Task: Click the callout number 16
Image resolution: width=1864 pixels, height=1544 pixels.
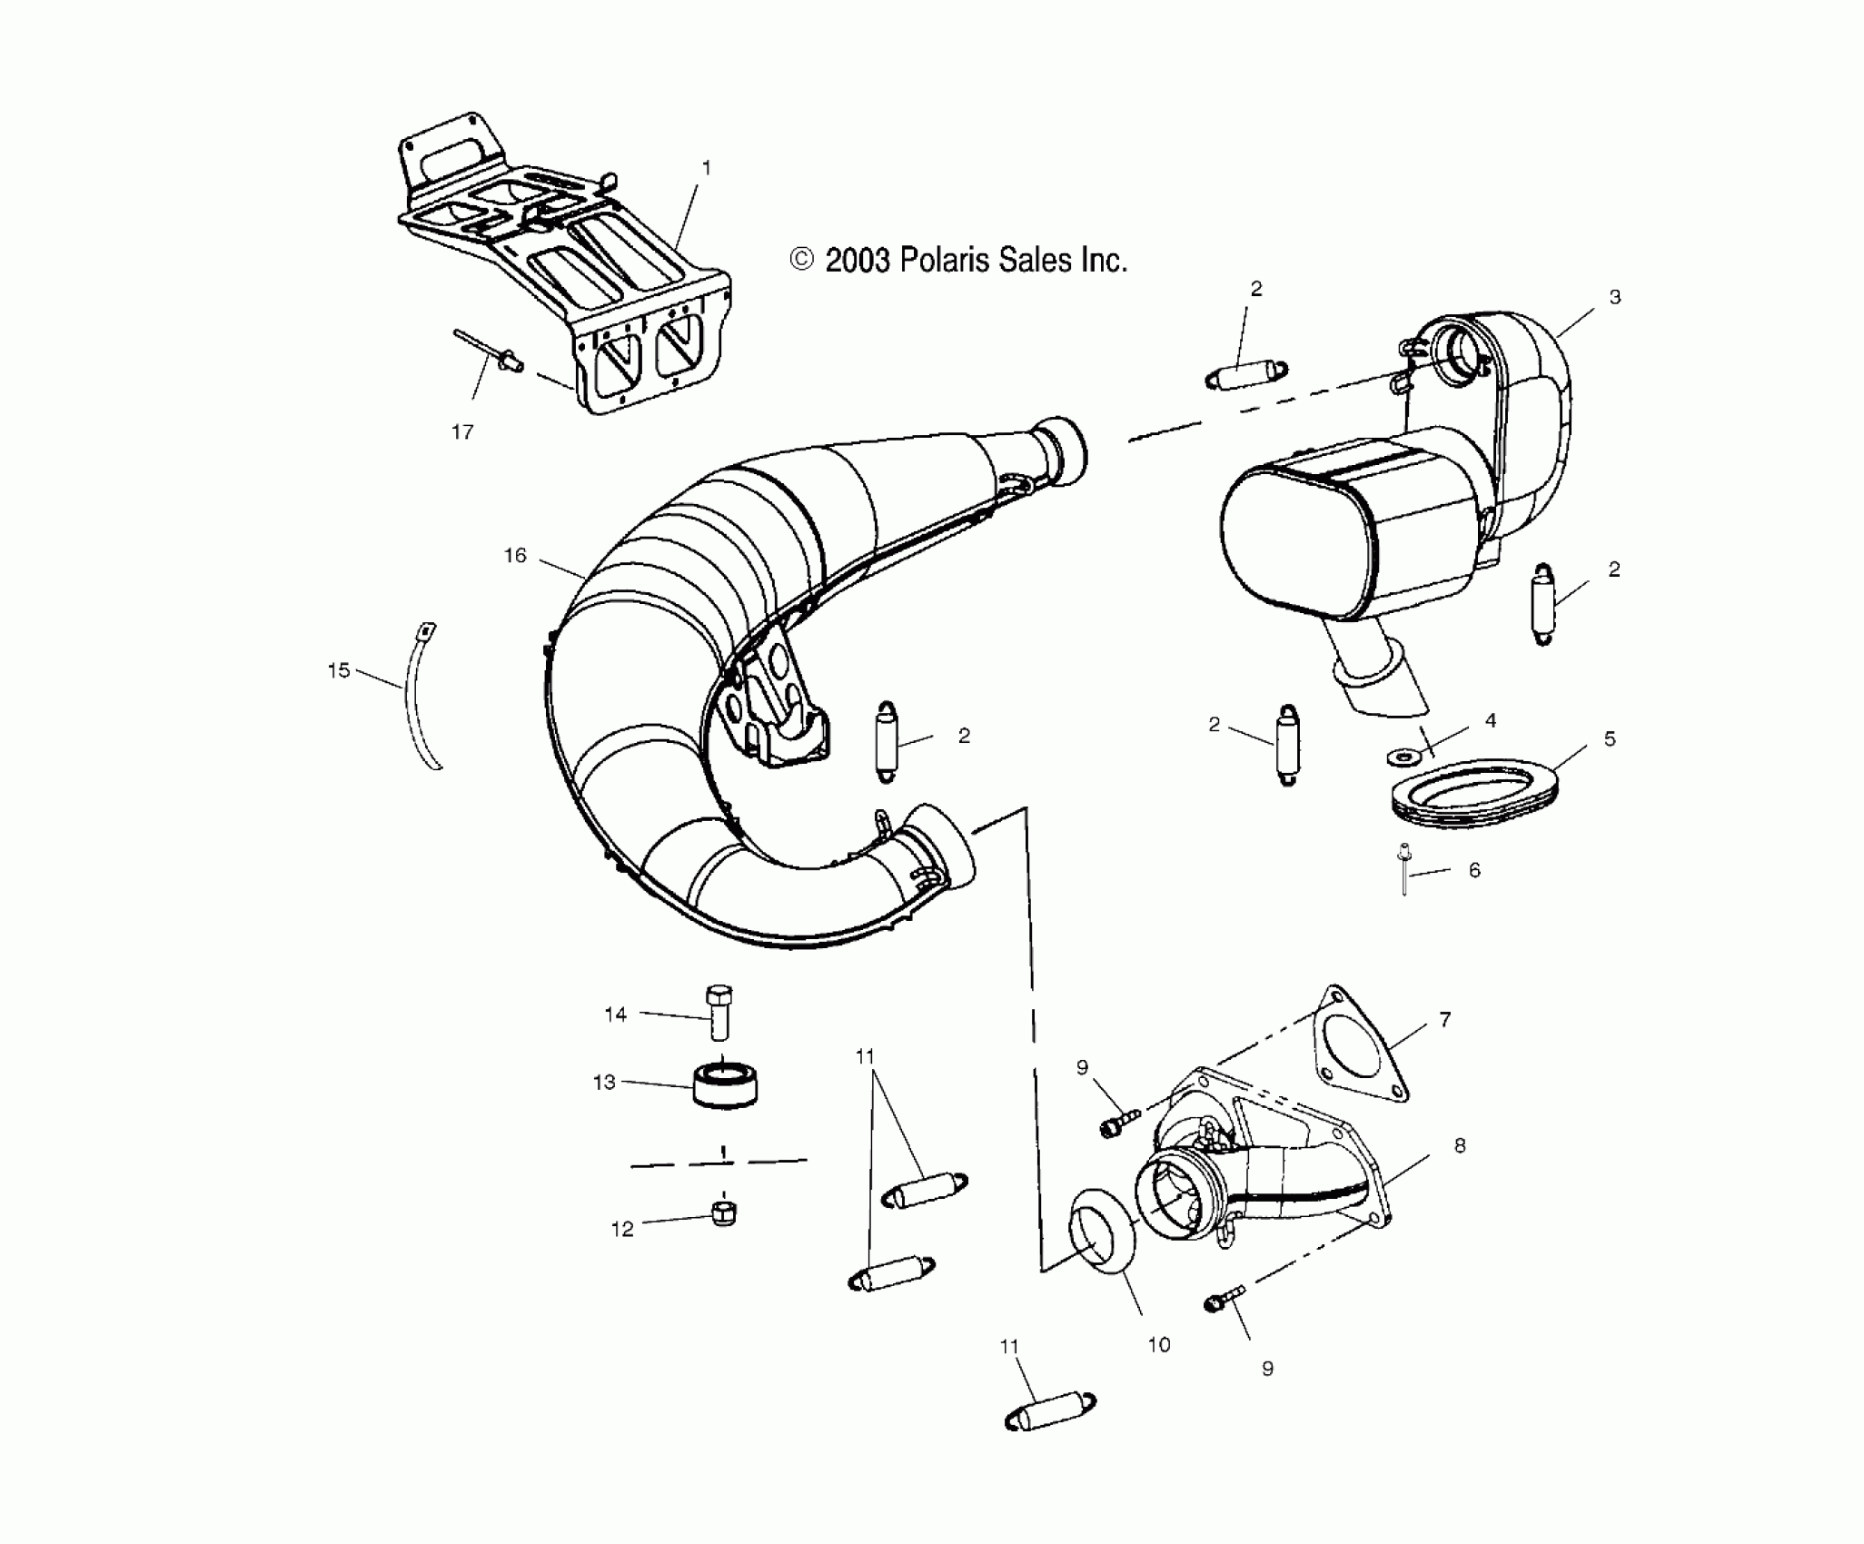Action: pos(515,556)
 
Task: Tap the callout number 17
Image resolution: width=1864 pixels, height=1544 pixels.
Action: pos(462,432)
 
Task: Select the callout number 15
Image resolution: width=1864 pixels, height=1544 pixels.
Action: pos(339,671)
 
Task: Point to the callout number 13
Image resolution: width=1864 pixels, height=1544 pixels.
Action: pos(604,1083)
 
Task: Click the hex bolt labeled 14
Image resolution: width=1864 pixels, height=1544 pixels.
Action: pos(719,1012)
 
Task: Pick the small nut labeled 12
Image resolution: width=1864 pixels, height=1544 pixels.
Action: pos(724,1212)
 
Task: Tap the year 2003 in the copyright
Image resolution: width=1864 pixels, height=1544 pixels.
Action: pos(857,262)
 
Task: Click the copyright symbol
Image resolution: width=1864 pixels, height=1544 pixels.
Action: pos(801,261)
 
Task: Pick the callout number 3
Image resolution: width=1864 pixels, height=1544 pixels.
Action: pos(1614,297)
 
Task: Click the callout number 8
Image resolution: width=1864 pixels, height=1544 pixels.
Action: pos(1460,1146)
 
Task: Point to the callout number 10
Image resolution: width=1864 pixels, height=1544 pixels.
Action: pos(1159,1345)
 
